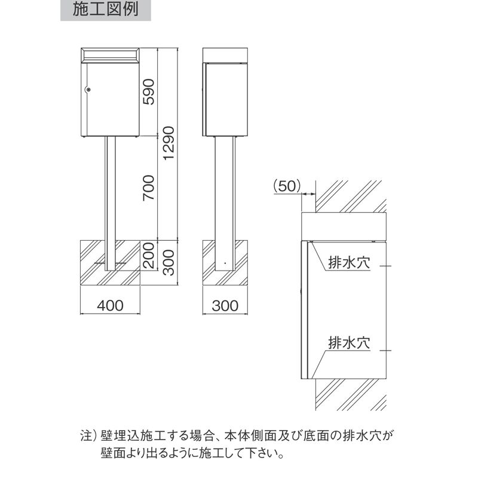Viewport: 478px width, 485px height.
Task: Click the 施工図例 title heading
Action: (106, 10)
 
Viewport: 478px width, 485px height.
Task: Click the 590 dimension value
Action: (149, 92)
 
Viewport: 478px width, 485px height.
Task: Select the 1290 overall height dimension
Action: (169, 143)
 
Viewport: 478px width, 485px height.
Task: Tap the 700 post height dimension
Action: (149, 188)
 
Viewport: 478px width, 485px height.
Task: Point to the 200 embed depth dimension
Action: (149, 255)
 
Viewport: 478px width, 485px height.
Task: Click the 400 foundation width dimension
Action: (110, 306)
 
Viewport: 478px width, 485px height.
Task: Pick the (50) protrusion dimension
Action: (287, 186)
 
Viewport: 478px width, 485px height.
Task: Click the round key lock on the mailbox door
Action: (88, 90)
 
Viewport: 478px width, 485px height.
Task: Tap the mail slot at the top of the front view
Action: (110, 55)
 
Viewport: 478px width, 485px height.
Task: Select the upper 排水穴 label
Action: (349, 263)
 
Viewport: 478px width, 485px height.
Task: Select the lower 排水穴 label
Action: (349, 343)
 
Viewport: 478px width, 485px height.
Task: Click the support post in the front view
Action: (110, 204)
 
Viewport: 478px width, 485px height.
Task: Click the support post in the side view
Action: (225, 204)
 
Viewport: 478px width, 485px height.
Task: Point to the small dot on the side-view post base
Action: (225, 263)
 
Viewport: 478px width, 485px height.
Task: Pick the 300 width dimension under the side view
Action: (225, 306)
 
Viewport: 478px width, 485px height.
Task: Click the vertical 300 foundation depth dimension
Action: (169, 263)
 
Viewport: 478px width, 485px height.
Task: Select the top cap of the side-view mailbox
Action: (225, 56)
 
